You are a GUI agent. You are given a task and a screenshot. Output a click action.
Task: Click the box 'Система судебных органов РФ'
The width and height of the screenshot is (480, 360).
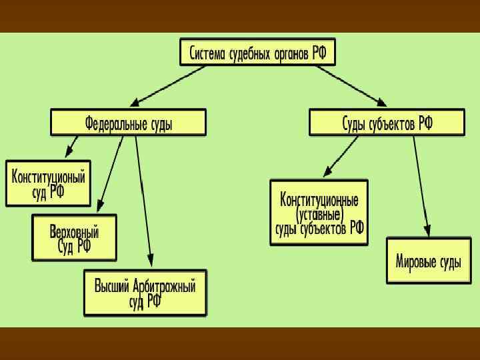(x=258, y=52)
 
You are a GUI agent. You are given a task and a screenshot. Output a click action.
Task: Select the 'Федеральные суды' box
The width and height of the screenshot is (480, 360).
(x=128, y=123)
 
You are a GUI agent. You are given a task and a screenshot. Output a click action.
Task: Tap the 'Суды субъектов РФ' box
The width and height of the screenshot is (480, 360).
(x=387, y=123)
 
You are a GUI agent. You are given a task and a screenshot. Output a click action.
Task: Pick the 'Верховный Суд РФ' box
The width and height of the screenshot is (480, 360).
(x=74, y=237)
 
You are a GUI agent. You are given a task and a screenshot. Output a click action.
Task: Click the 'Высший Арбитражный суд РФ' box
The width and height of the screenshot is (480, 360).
(x=145, y=293)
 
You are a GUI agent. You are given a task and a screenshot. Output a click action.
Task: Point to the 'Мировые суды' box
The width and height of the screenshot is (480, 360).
(x=428, y=261)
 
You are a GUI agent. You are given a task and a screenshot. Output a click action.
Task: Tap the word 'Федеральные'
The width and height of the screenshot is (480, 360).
(x=115, y=123)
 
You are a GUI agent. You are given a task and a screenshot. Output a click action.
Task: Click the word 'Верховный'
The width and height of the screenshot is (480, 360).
(x=74, y=231)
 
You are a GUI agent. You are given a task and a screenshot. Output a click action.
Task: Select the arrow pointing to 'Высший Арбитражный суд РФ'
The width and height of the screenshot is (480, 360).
(x=144, y=200)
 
